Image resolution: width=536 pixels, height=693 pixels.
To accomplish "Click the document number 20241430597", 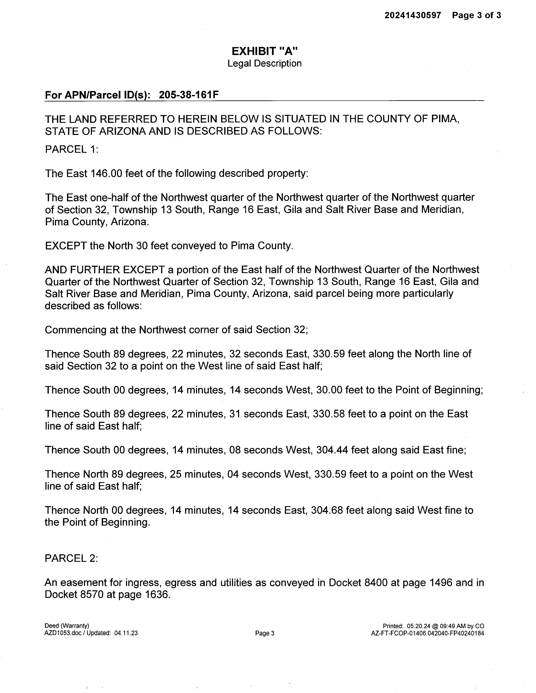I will click(x=412, y=15).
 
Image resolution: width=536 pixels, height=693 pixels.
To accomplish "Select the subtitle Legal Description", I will click(x=264, y=63).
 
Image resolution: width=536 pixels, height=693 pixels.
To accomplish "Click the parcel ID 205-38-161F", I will click(x=189, y=95).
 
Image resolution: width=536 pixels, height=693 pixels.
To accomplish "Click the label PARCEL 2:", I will click(x=71, y=558).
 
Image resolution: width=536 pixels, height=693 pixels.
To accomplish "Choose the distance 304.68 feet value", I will click(x=327, y=510).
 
